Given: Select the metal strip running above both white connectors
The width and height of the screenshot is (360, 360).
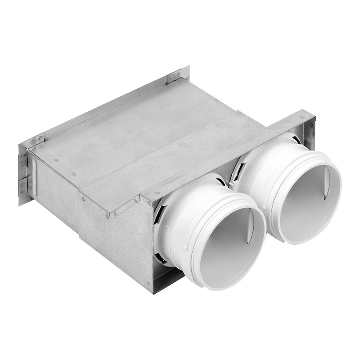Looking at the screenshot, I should point(222,154).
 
